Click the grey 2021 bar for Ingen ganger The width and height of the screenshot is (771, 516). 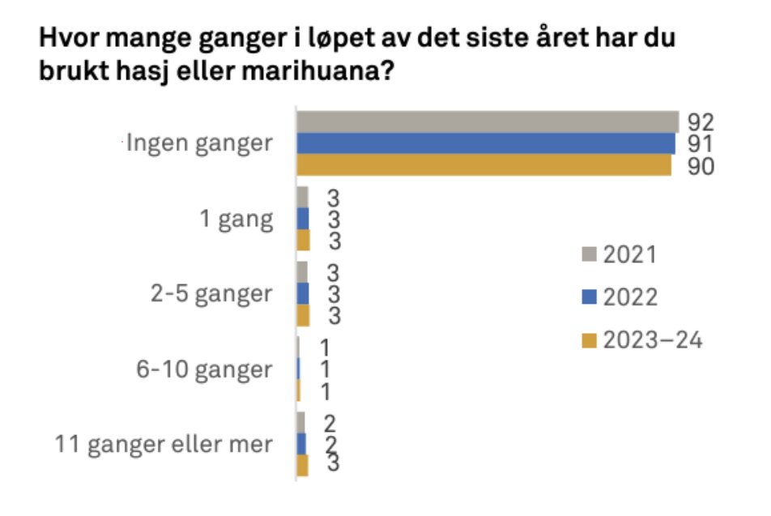pos(487,122)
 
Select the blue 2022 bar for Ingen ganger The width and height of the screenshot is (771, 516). pos(485,143)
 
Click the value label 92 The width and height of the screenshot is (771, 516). pos(701,122)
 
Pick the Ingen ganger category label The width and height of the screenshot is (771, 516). pos(198,145)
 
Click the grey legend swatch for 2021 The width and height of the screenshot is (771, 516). pos(590,255)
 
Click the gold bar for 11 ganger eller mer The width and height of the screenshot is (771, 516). pos(303,466)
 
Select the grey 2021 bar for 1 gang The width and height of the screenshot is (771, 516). pos(303,198)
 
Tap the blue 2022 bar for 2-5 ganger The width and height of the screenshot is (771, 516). pos(303,293)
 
